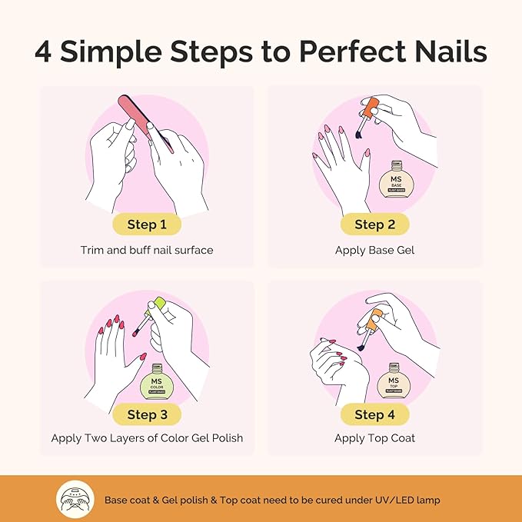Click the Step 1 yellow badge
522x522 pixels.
point(147,224)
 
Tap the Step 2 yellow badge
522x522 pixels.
point(375,224)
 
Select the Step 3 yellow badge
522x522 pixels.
point(147,414)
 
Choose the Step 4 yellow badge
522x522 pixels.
point(375,414)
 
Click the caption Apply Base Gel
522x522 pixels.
point(375,250)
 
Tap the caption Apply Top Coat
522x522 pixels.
point(375,438)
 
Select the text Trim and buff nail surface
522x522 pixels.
point(147,250)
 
